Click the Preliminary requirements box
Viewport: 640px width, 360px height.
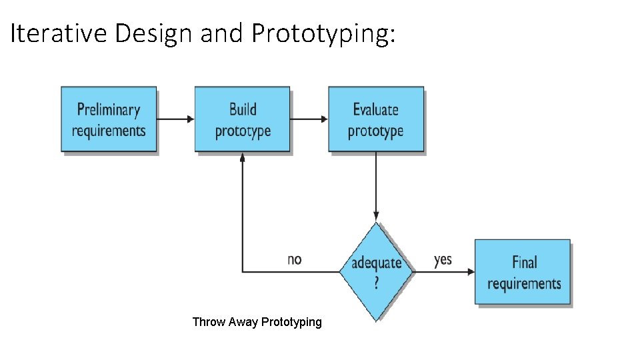click(x=109, y=119)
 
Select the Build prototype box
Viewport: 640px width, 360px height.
click(x=242, y=119)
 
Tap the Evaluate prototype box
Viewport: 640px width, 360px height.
click(x=375, y=119)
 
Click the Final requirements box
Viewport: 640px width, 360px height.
click(x=523, y=272)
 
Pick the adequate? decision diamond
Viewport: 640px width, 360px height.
click(x=376, y=271)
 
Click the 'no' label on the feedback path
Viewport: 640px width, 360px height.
click(x=294, y=259)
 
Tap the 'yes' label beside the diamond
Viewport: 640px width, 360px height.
click(x=443, y=259)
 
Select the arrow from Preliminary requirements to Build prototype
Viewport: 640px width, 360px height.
click(x=175, y=119)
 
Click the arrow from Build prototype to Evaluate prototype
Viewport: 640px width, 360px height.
click(x=309, y=119)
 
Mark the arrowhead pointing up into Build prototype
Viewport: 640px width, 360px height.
click(x=242, y=157)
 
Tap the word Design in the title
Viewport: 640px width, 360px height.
click(x=153, y=33)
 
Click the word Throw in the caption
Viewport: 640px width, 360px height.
click(x=209, y=322)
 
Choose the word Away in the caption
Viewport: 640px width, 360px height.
click(x=243, y=322)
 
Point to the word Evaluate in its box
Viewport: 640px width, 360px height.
click(x=375, y=109)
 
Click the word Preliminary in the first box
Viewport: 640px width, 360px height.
click(x=109, y=109)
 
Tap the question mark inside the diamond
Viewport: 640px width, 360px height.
click(x=376, y=283)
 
